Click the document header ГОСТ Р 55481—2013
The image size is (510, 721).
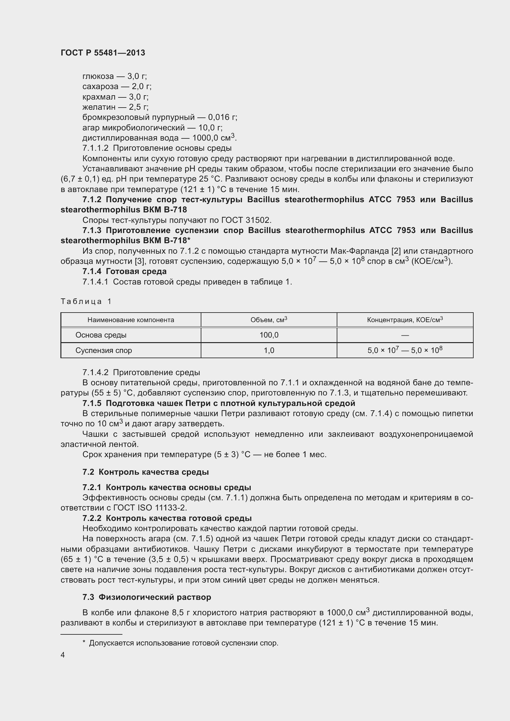103,53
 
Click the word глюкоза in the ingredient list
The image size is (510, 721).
98,76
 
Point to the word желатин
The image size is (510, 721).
99,107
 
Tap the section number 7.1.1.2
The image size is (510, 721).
95,148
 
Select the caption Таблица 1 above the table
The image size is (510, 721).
86,301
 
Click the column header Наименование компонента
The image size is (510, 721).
131,320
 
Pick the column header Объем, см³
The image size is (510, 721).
269,320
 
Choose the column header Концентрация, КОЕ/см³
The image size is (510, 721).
405,320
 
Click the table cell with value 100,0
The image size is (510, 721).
269,335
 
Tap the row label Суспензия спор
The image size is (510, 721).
104,350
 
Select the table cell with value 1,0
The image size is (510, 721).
269,350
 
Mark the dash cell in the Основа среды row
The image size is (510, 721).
405,335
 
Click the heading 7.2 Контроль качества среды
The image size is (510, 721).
146,472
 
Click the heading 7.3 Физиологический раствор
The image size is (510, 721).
147,597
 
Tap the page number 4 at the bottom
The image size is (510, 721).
63,655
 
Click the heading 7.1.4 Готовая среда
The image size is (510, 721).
125,271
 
